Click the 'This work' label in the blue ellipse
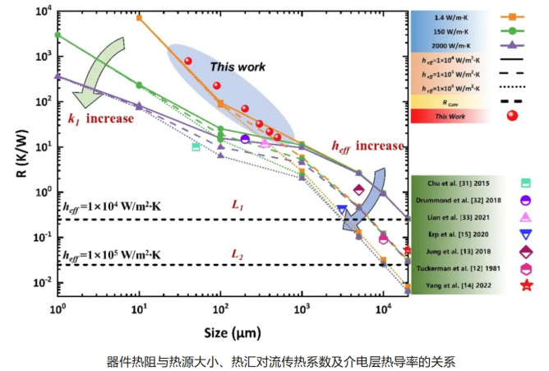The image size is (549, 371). pos(235,67)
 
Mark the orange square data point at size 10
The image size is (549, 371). pos(139,17)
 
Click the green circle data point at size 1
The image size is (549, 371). pos(58,35)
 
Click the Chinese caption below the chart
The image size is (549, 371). pos(274,360)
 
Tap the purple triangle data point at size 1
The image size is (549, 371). pos(58,77)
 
